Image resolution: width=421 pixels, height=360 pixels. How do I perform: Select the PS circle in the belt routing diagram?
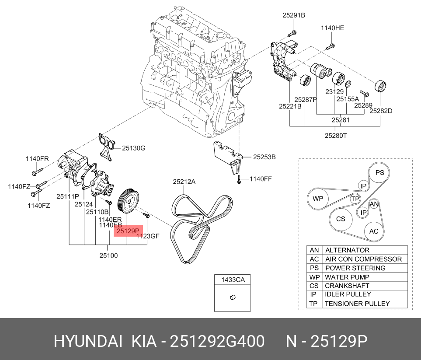point(379,173)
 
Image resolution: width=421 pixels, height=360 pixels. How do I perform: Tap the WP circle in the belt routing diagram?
point(317,199)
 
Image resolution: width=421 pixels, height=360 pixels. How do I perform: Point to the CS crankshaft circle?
point(341,219)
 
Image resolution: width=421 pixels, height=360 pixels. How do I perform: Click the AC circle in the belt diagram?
point(374,231)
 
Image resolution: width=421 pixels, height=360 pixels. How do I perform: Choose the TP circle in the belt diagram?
point(355,199)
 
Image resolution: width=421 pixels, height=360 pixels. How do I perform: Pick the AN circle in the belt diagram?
point(374,204)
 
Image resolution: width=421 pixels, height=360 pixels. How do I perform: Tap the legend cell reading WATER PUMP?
point(347,277)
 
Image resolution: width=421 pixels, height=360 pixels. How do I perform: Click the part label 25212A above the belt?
point(184,181)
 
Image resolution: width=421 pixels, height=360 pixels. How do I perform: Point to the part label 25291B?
point(293,15)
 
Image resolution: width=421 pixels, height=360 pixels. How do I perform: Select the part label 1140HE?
point(332,28)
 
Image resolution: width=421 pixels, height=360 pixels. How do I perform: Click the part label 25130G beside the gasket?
point(133,148)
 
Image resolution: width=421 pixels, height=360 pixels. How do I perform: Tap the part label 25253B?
point(264,157)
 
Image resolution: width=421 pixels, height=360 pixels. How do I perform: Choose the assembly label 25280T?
point(335,135)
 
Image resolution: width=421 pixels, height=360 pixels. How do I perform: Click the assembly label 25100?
point(108,255)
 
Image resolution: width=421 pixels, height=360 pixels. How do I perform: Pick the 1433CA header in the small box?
point(233,280)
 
